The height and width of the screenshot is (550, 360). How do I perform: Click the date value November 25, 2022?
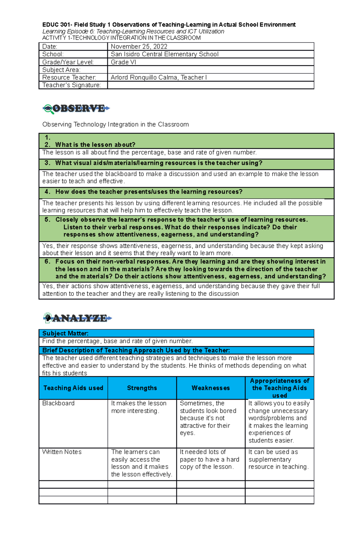(139, 46)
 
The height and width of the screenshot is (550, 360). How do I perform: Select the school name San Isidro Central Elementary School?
(164, 54)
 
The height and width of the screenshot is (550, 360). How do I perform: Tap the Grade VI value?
(119, 62)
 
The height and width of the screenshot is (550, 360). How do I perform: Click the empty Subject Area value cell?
(210, 70)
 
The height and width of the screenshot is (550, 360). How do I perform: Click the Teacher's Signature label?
(71, 85)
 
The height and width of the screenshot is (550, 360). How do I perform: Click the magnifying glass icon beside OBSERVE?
(48, 109)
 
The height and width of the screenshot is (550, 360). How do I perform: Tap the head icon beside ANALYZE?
(47, 318)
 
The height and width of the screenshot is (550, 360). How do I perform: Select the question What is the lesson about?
(95, 145)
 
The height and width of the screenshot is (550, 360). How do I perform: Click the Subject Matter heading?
(65, 333)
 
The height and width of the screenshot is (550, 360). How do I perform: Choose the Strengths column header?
(142, 388)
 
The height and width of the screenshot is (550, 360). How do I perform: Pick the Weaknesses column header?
(211, 388)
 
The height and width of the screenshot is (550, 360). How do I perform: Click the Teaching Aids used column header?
(73, 388)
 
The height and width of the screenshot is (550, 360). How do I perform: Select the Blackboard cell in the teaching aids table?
(58, 403)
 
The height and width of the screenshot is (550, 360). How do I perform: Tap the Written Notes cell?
(62, 452)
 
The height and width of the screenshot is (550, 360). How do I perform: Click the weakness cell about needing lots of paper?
(209, 459)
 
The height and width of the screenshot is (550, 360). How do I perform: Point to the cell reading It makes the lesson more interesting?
(139, 407)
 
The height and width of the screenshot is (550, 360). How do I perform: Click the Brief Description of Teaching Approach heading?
(136, 350)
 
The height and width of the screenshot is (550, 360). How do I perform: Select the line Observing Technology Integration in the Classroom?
(115, 124)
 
